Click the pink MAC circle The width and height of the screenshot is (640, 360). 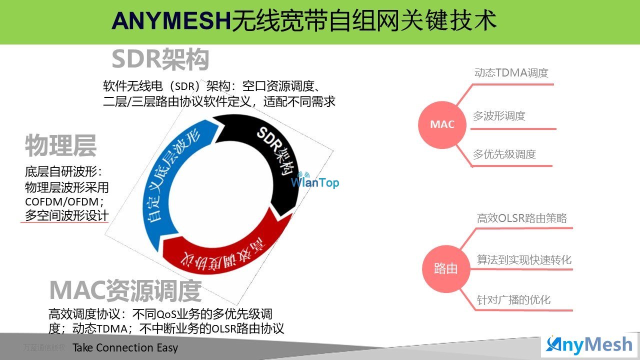442,124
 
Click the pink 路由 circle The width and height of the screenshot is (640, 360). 446,268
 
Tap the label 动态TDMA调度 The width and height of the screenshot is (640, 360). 511,73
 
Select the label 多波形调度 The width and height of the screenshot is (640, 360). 499,116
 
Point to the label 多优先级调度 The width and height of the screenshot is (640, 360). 504,154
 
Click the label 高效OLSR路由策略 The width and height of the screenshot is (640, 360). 521,218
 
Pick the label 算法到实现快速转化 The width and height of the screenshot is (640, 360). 524,259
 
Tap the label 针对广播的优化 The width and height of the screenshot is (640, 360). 513,299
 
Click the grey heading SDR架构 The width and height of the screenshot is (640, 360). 160,59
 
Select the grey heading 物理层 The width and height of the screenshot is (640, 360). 60,145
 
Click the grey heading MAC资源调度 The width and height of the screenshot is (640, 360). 125,291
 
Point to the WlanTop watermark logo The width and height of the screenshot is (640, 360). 314,180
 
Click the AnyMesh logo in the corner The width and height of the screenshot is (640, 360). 589,345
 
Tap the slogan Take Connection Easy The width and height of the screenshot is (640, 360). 125,347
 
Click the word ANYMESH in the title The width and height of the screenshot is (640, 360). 171,21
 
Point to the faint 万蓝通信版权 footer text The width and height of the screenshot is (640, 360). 44,347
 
